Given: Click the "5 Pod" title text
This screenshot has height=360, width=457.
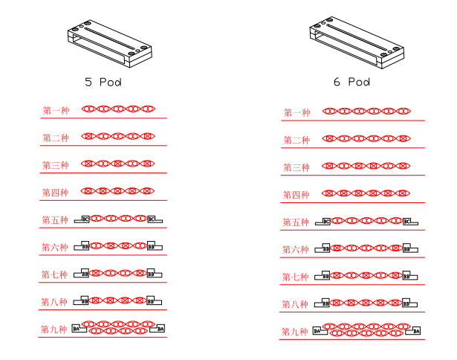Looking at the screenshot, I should [103, 81].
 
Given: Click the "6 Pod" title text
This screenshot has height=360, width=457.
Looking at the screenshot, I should [351, 82].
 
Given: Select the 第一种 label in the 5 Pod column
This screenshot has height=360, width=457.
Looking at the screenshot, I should [56, 111].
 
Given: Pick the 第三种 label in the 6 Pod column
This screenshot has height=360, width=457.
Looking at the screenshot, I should [296, 167].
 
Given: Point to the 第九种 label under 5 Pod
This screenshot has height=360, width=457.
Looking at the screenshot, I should [54, 329].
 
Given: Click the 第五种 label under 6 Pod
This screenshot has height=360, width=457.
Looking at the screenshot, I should [296, 222].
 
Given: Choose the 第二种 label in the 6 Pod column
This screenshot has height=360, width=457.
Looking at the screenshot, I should [296, 140].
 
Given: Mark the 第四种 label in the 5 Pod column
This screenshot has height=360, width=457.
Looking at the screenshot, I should [55, 193].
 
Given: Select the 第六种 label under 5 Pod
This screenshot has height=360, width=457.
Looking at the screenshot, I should [55, 248].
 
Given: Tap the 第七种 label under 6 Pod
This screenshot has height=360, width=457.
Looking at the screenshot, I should [295, 277].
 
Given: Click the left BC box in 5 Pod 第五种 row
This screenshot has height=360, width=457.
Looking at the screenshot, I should [85, 219].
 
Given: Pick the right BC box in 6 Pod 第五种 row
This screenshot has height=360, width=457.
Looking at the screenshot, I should [406, 221].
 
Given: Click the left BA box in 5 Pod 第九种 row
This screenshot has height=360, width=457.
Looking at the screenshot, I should [77, 328].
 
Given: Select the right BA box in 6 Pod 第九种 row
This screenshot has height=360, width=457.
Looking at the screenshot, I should [416, 330].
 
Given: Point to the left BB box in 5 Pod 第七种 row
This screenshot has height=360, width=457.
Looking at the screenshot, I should [85, 273].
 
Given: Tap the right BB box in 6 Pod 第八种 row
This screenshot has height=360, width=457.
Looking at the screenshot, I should [406, 303].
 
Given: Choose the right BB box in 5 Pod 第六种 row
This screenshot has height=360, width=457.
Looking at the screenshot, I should [152, 246].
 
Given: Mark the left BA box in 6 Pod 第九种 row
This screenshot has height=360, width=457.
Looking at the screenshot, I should [317, 331].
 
